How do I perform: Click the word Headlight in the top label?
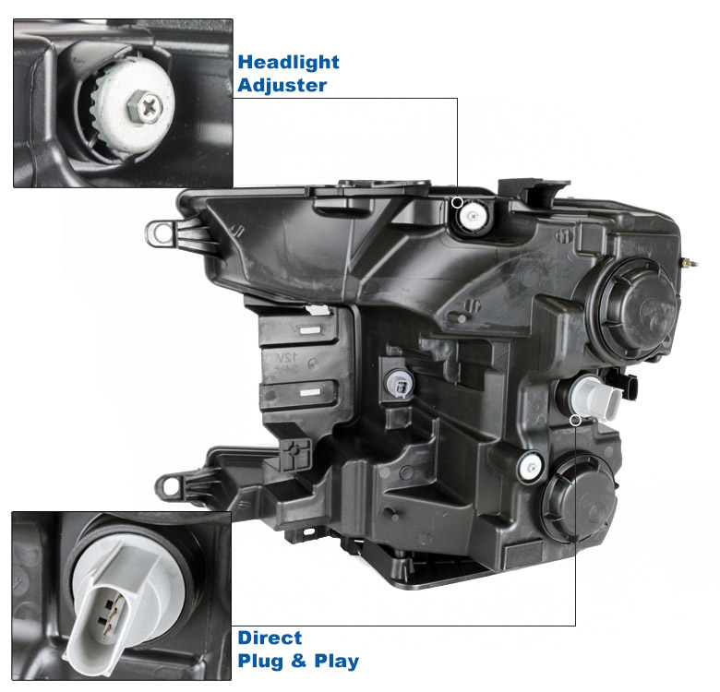pyautogui.click(x=288, y=62)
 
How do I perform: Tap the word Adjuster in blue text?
pyautogui.click(x=282, y=86)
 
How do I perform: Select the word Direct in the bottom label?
pyautogui.click(x=270, y=638)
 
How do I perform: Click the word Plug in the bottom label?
pyautogui.click(x=260, y=662)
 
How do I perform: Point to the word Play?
pyautogui.click(x=337, y=662)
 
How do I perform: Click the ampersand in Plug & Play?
pyautogui.click(x=298, y=661)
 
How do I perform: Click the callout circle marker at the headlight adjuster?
pyautogui.click(x=457, y=202)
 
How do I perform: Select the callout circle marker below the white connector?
pyautogui.click(x=575, y=420)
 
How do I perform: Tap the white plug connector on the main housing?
pyautogui.click(x=596, y=398)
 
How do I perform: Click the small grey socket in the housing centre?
pyautogui.click(x=400, y=384)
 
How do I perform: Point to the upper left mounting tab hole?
pyautogui.click(x=162, y=233)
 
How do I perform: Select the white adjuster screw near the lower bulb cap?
pyautogui.click(x=531, y=467)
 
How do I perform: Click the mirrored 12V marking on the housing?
pyautogui.click(x=285, y=356)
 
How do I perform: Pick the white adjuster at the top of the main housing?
pyautogui.click(x=474, y=215)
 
